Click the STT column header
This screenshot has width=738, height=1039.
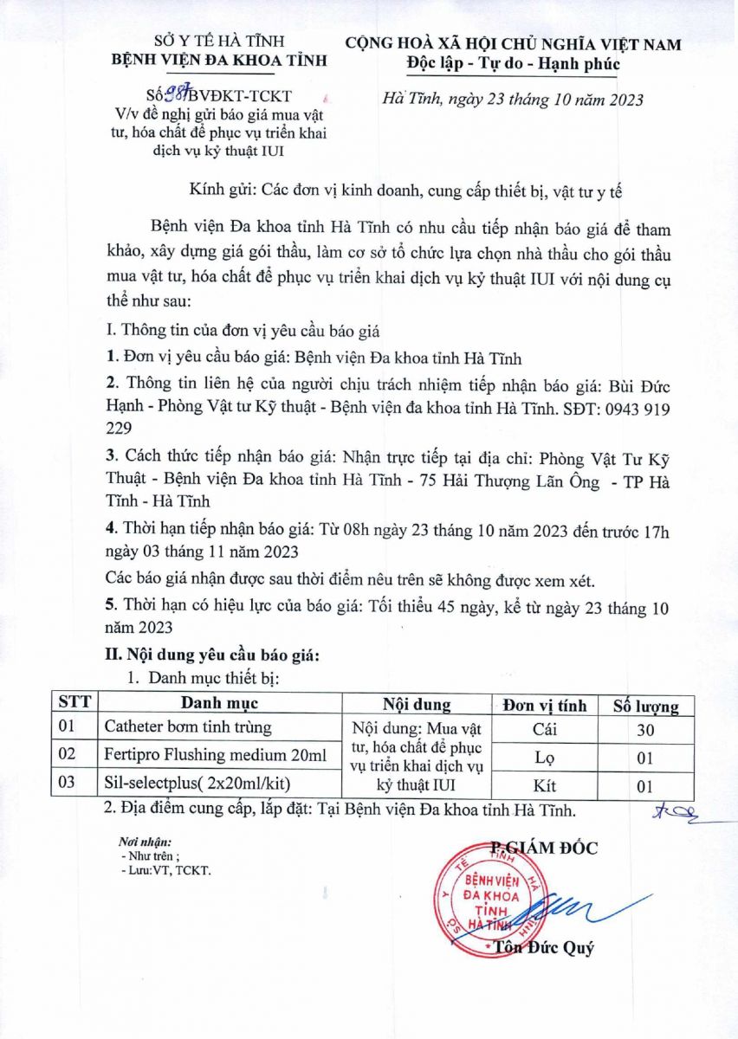[x=74, y=703]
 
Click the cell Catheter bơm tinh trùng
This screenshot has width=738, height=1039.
[x=188, y=727]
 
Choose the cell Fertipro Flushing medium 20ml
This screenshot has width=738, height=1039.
[x=216, y=755]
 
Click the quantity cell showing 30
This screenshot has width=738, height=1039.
[x=645, y=730]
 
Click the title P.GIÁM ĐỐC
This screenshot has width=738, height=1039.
[x=543, y=848]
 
